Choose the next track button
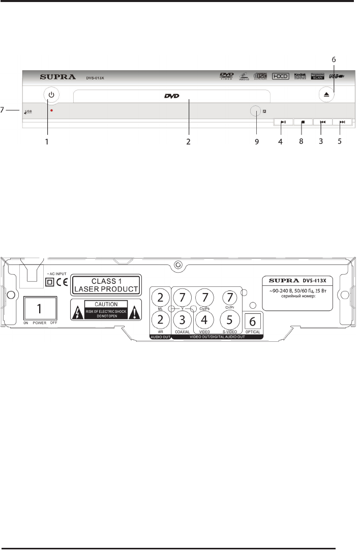pos(342,122)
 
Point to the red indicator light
pos(51,110)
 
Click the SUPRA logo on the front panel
pos(57,78)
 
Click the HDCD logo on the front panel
pos(280,76)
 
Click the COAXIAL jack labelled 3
pos(182,320)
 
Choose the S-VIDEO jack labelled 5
pos(229,320)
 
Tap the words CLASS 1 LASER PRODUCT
pos(106,284)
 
